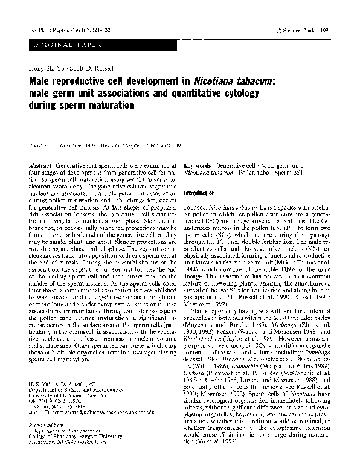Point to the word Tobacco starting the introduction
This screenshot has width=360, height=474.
tap(194, 207)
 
